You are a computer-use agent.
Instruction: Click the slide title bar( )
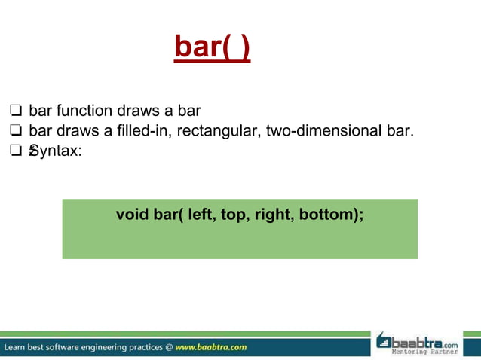[x=212, y=47]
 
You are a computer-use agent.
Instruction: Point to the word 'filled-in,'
[x=148, y=132]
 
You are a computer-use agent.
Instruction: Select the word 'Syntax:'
[x=55, y=151]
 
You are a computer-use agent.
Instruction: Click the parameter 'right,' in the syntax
[x=275, y=215]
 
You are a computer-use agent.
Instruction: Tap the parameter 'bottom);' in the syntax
[x=332, y=215]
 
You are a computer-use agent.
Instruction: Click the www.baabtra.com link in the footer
[x=210, y=347]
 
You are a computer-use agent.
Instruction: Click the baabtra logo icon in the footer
[x=384, y=341]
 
